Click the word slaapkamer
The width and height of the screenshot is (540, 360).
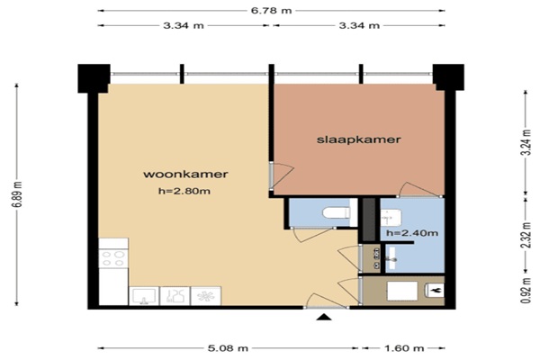pos(358,139)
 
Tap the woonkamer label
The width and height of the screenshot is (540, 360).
pos(185,174)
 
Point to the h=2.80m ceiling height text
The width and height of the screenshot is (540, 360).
pos(184,191)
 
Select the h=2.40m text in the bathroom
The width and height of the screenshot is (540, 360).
pos(412,233)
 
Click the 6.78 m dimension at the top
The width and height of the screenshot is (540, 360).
pos(271,10)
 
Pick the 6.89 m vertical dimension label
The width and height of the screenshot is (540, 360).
pos(17,194)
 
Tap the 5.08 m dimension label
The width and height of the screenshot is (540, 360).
pos(228,348)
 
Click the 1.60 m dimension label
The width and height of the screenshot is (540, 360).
pos(404,348)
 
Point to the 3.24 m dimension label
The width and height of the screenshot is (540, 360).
pos(526,142)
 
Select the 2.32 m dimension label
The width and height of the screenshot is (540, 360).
pos(526,235)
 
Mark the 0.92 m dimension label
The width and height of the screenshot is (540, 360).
pos(526,291)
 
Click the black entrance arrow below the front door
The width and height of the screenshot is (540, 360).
pos(324,317)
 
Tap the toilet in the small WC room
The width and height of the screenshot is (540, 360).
pos(336,212)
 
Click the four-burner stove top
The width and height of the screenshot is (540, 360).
pos(113,258)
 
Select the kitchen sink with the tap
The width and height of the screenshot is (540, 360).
pos(144,296)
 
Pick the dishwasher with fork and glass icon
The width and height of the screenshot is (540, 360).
pos(175,296)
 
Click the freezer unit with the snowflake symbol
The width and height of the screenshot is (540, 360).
pos(206,296)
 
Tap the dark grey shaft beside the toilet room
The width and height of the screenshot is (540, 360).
pos(369,220)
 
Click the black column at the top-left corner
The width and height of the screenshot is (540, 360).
pos(94,78)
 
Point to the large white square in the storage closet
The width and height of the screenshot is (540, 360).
pos(402,291)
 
